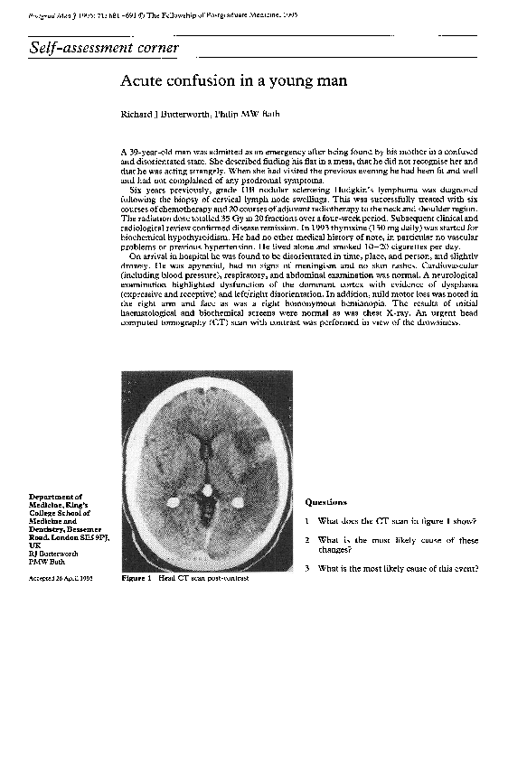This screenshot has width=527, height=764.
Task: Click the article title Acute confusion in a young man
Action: [233, 80]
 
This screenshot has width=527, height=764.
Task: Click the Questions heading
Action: [325, 502]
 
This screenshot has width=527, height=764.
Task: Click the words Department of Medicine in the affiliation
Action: [55, 501]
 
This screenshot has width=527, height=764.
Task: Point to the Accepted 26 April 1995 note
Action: [61, 578]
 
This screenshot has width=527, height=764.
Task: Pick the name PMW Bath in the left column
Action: [45, 562]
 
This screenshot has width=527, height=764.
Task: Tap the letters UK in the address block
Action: [34, 546]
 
